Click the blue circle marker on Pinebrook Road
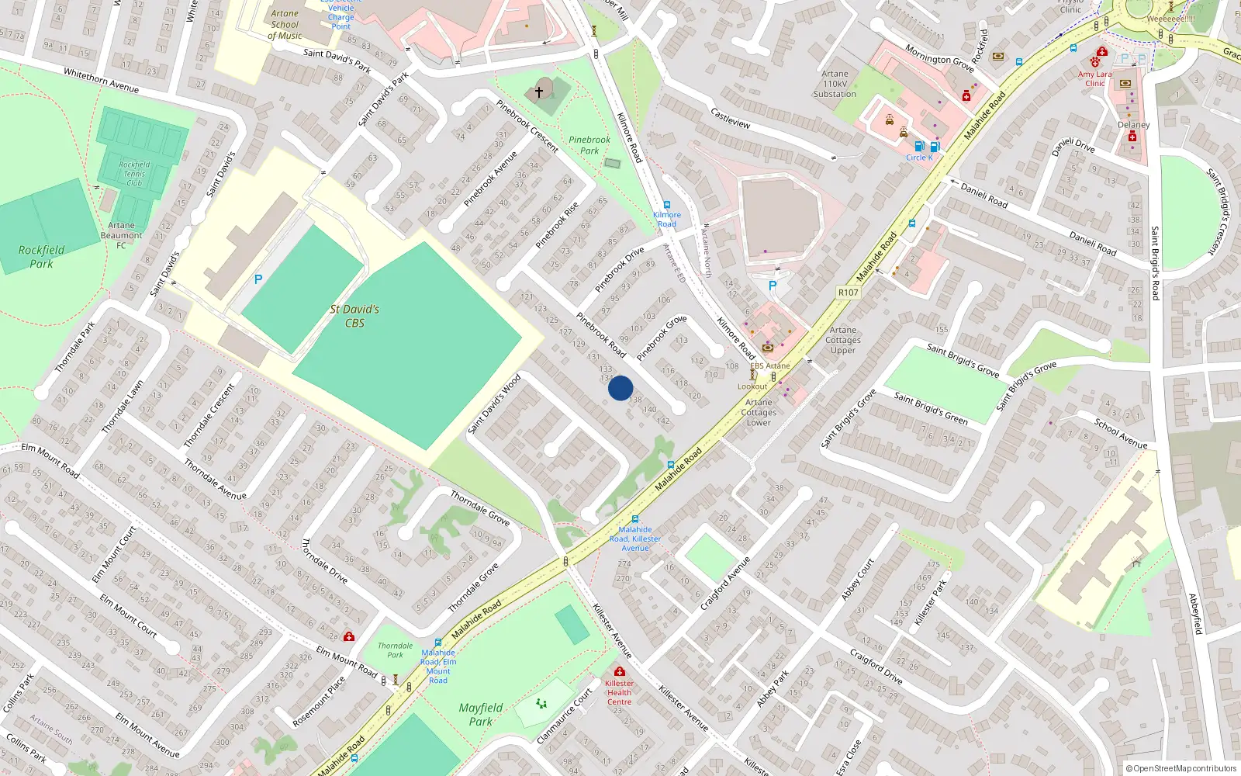[620, 388]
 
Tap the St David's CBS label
[354, 316]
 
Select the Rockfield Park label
[42, 256]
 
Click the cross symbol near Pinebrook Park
[539, 92]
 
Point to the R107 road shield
[848, 293]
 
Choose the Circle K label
[919, 158]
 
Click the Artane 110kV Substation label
[835, 84]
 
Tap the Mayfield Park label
[481, 714]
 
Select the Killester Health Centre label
[619, 692]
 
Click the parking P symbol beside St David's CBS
[258, 279]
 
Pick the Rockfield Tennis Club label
[134, 174]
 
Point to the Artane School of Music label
[285, 24]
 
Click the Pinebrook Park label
[589, 145]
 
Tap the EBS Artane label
[770, 365]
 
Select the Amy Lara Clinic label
[1094, 78]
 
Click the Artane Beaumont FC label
[121, 235]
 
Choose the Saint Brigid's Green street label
[931, 408]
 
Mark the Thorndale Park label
[395, 650]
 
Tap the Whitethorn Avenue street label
[101, 81]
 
